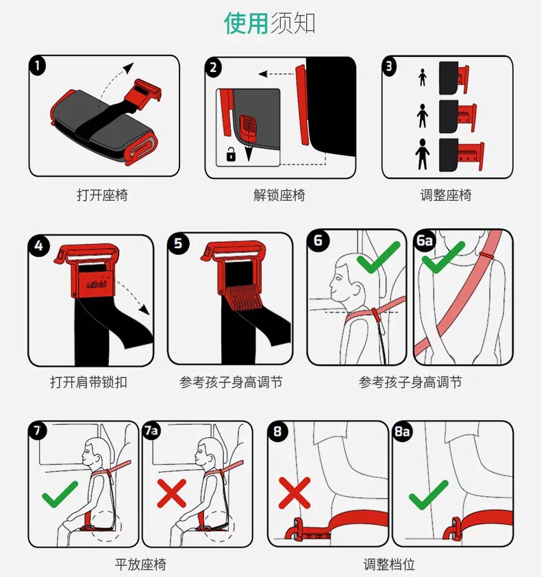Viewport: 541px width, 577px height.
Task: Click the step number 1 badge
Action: (38, 66)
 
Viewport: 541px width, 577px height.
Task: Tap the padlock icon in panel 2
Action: (231, 154)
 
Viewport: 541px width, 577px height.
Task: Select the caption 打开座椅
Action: (102, 195)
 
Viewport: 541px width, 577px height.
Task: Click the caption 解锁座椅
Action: (279, 195)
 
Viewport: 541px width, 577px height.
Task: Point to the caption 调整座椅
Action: (446, 195)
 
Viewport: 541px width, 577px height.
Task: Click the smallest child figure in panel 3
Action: (423, 77)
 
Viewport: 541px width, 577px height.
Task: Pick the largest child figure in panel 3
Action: (423, 154)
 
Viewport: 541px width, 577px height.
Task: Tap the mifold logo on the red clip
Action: (97, 284)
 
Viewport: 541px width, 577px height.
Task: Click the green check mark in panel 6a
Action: (443, 257)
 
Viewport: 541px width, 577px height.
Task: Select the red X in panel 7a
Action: (171, 493)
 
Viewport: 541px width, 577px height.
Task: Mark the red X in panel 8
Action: (294, 493)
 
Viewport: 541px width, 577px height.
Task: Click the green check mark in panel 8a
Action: (429, 495)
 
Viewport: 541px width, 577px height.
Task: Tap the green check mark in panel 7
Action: (60, 494)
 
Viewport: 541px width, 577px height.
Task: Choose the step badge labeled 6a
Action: (425, 241)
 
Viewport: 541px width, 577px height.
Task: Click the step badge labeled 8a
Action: (403, 431)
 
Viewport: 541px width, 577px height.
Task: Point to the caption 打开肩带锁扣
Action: (88, 382)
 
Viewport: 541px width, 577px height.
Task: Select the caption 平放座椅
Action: (140, 564)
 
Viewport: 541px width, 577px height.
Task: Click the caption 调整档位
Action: (389, 564)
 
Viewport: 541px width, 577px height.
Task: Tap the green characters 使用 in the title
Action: (246, 23)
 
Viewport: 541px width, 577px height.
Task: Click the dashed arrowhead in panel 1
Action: (128, 68)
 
